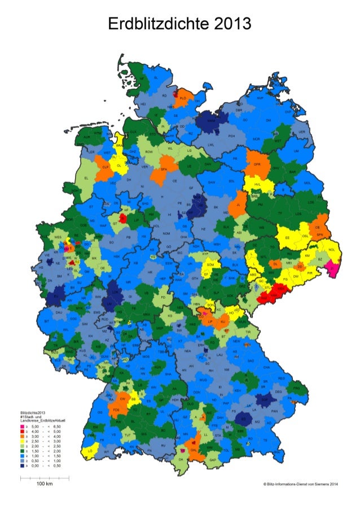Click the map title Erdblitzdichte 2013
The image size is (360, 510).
[179, 24]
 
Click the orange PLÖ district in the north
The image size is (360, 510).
[182, 99]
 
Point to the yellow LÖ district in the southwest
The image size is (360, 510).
[90, 452]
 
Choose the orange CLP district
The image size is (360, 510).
[105, 168]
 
